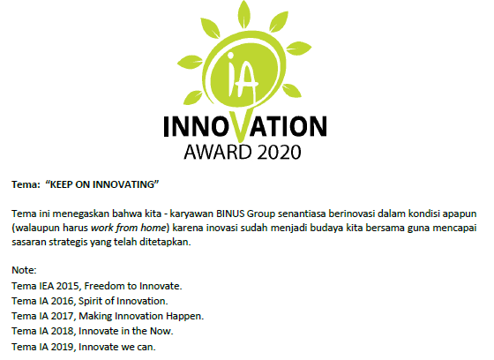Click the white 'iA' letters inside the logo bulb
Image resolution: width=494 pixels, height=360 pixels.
click(242, 76)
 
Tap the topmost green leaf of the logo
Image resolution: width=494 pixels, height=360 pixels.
click(244, 14)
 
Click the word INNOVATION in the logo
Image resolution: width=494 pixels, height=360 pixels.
click(245, 126)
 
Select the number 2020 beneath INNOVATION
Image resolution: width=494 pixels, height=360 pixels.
click(279, 153)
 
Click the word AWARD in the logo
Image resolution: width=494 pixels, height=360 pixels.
click(218, 153)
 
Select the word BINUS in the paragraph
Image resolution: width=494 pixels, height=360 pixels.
click(230, 214)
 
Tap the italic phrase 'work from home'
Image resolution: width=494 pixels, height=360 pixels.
click(128, 228)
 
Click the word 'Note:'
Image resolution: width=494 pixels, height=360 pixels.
click(24, 270)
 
